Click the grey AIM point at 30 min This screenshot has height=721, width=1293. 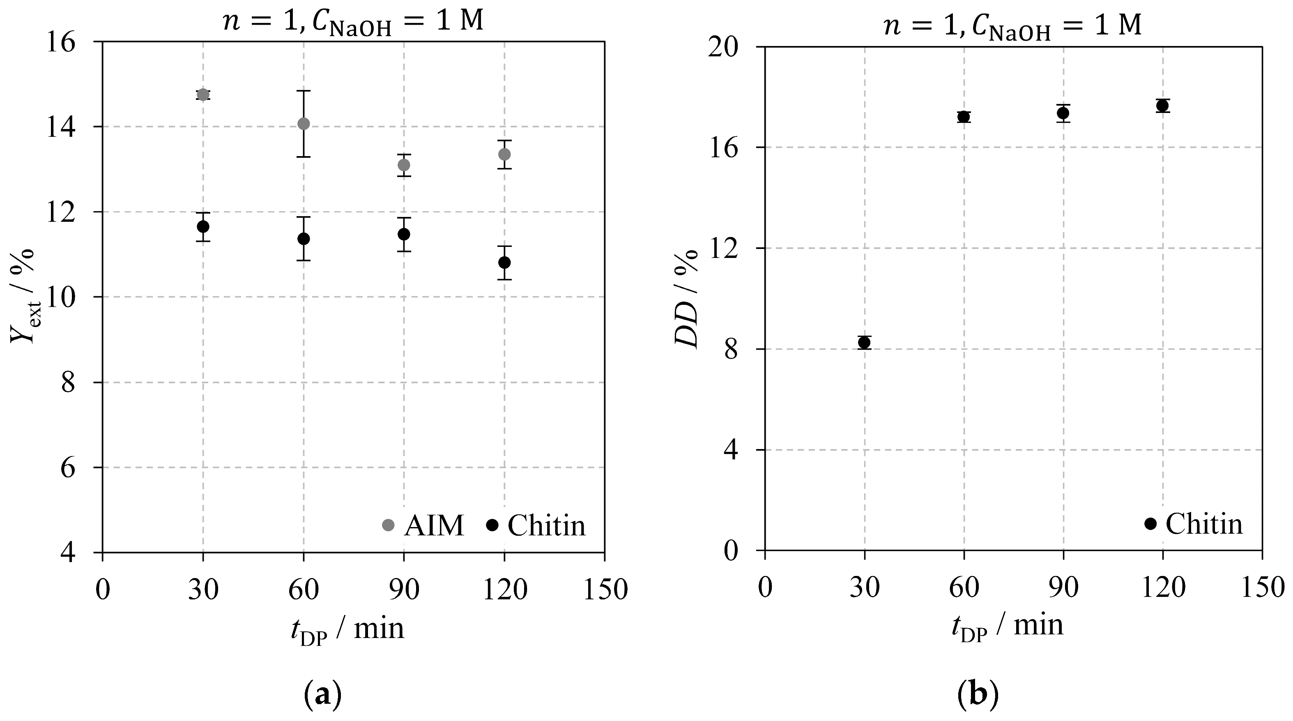click(203, 94)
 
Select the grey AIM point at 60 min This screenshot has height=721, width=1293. click(304, 124)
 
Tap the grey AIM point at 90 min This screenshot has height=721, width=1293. click(404, 165)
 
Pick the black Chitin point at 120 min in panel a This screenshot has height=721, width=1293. click(504, 262)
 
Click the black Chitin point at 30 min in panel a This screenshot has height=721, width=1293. click(203, 226)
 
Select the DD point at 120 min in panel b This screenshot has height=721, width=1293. click(1162, 106)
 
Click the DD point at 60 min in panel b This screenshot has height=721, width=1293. click(964, 117)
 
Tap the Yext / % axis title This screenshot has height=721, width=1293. click(23, 296)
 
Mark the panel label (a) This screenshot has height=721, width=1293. click(323, 694)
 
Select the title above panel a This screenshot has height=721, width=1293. click(353, 22)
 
